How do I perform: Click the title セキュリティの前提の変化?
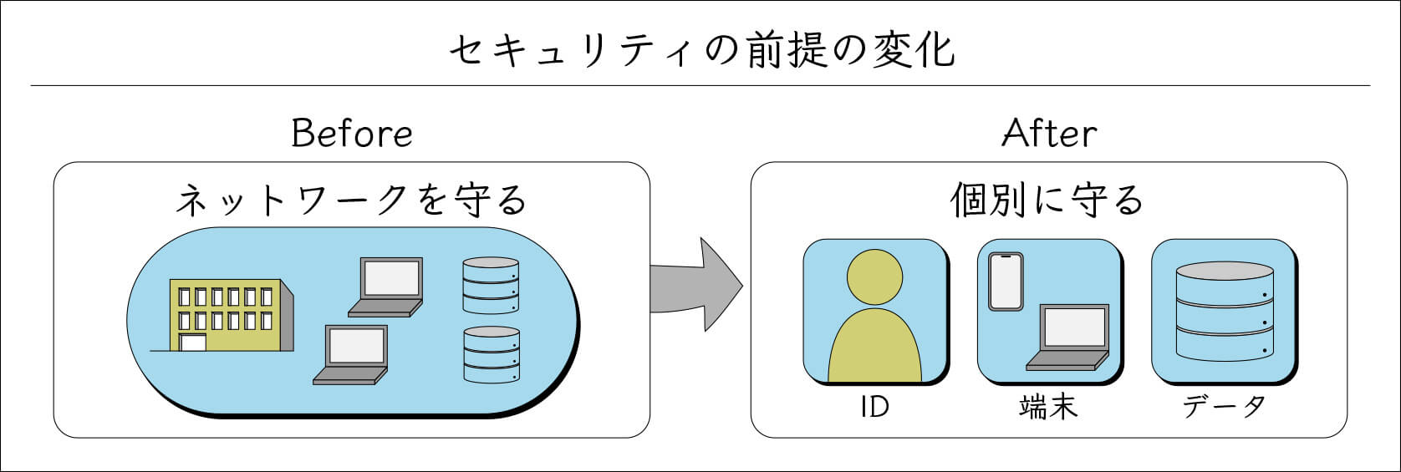click(x=700, y=52)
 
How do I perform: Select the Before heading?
click(x=351, y=134)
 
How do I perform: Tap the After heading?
click(x=1048, y=134)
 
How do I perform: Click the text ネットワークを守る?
click(x=351, y=201)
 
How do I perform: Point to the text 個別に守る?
click(x=1047, y=201)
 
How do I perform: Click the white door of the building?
click(x=193, y=343)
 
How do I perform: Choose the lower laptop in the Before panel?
click(x=352, y=354)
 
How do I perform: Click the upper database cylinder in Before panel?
click(x=491, y=285)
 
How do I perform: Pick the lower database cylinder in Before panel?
click(x=491, y=354)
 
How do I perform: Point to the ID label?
click(x=874, y=407)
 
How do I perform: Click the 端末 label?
click(x=1048, y=407)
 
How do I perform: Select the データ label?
click(x=1224, y=407)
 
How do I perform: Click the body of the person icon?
click(x=874, y=347)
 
